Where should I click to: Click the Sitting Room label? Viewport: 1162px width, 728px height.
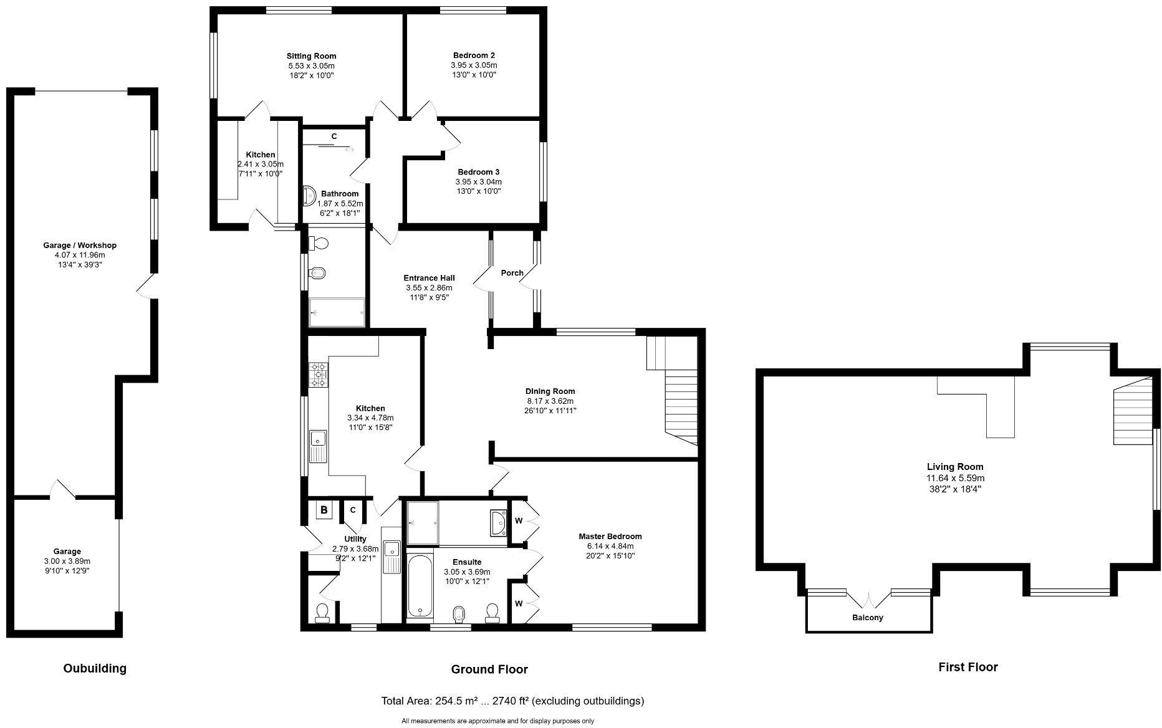coord(311,56)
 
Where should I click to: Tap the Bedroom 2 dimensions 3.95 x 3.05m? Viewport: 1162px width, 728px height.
coord(474,65)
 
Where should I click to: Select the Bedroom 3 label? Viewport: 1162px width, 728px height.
coord(478,172)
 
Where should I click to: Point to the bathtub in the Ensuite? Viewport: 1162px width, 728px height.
coord(420,585)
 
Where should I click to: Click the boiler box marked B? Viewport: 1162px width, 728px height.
coord(324,510)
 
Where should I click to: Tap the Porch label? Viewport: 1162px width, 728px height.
coord(512,273)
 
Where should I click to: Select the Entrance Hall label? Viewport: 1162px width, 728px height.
coord(429,278)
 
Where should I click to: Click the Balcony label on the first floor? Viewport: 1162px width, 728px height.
coord(867,618)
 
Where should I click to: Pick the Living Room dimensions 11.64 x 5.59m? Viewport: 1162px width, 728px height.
coord(955,478)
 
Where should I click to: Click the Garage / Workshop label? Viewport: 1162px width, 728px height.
coord(80,246)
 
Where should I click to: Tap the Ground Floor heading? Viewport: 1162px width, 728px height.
coord(489,669)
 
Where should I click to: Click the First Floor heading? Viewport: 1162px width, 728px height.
coord(968,667)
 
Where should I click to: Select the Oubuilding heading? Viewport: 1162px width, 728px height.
coord(95,668)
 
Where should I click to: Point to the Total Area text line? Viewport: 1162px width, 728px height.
coord(512,701)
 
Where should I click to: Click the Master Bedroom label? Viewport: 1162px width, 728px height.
coord(610,537)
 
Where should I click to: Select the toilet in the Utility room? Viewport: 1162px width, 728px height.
coord(322,613)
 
